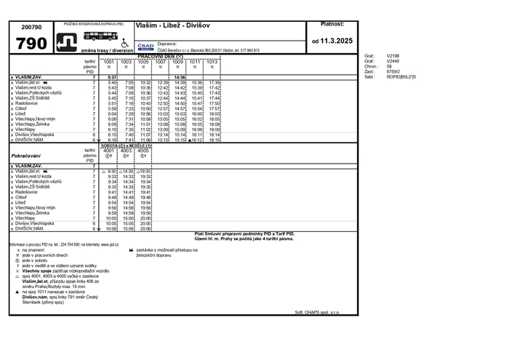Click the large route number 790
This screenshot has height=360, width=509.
coord(31,44)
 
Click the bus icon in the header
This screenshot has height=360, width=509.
coord(98,35)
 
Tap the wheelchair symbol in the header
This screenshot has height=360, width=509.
coord(124,42)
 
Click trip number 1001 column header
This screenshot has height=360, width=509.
coord(109,62)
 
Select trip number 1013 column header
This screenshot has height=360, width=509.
coord(212,62)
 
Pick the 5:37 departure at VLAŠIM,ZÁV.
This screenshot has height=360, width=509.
coord(111,77)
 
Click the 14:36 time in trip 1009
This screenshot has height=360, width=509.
coord(180,77)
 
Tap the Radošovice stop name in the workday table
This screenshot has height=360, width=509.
coord(28,103)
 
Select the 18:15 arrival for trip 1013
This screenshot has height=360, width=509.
coord(215,140)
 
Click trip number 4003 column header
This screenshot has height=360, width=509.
coord(127,151)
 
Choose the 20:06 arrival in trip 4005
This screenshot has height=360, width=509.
coord(145,228)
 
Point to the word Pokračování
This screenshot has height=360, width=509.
coord(26,156)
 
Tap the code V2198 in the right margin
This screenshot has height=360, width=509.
coord(393,55)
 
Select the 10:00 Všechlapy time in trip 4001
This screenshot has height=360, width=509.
coord(111,217)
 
